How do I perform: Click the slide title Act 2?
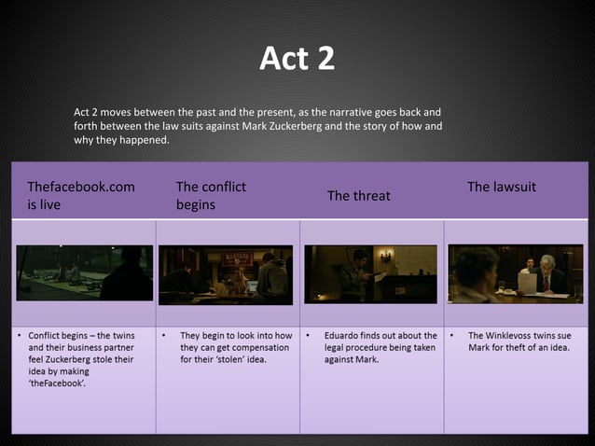297,59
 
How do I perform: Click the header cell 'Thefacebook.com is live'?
81,195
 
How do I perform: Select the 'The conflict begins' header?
211,195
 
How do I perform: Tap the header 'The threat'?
358,196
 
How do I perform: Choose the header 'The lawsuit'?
502,187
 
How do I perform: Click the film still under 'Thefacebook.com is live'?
84,272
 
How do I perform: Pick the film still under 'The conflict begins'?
226,274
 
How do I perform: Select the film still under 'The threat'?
370,273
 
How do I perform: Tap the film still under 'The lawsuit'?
515,273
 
